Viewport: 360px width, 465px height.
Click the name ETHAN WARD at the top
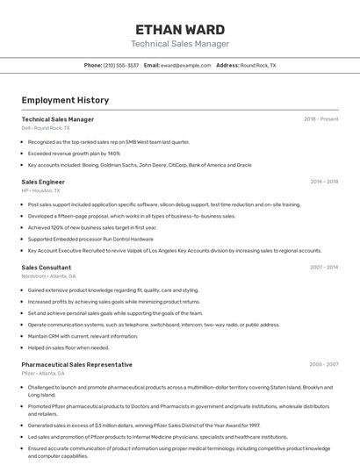180,29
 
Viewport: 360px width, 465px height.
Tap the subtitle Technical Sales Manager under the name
180,44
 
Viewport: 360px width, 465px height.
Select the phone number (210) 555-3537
121,65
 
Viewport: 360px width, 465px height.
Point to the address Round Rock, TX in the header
258,65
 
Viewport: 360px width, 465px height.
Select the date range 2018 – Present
321,118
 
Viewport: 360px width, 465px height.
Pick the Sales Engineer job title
43,182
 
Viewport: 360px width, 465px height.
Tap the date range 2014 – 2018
324,182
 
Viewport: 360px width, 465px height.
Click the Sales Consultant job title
47,267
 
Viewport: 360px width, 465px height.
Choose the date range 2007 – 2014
324,267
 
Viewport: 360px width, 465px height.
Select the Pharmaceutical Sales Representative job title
77,364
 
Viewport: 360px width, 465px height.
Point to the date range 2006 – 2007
324,364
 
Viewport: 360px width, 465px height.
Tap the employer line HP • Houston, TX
41,190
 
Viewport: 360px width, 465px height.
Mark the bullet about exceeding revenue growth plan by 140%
74,153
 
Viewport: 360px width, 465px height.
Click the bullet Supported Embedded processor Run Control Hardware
90,239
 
